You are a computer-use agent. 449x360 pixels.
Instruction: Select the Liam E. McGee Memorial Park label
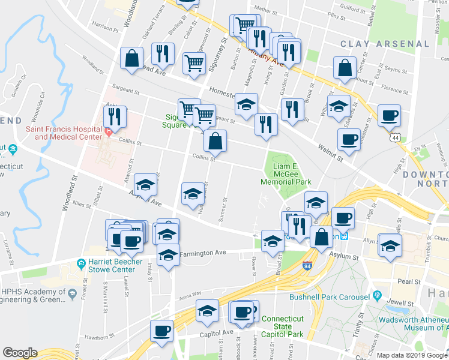(286, 173)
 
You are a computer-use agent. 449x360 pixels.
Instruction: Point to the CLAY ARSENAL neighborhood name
(385, 44)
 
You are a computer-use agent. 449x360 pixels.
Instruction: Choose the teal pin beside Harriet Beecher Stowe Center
(80, 262)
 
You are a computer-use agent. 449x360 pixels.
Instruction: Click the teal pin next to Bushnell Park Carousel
(377, 296)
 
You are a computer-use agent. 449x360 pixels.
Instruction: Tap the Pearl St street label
(408, 281)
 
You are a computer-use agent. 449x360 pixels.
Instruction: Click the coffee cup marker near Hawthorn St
(161, 330)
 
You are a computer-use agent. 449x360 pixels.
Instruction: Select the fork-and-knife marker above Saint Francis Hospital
(116, 116)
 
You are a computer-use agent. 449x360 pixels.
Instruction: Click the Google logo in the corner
(20, 353)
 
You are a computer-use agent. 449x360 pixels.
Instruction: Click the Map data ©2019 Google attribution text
(411, 355)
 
